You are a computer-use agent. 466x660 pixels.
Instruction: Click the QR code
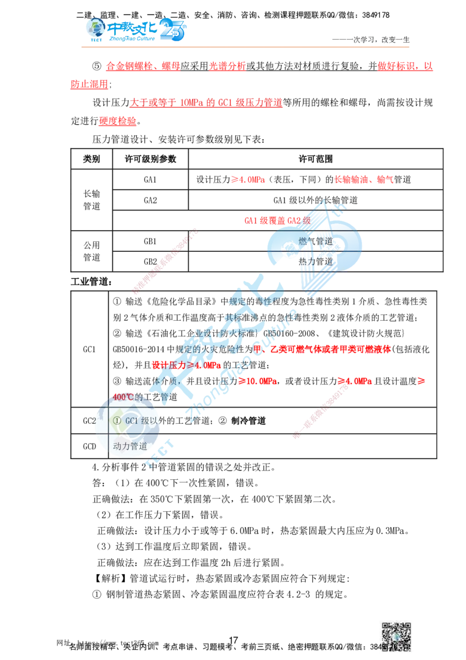coord(396,636)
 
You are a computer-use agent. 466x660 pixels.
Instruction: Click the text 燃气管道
coord(315,241)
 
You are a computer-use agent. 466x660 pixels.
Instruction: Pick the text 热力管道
coord(315,261)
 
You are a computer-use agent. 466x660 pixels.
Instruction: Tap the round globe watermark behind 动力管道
coord(127,424)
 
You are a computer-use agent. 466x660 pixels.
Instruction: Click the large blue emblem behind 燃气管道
coord(315,248)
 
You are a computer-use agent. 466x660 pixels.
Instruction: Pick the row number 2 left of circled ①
coord(95,420)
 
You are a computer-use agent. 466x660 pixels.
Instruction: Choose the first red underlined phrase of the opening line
coord(143,67)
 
